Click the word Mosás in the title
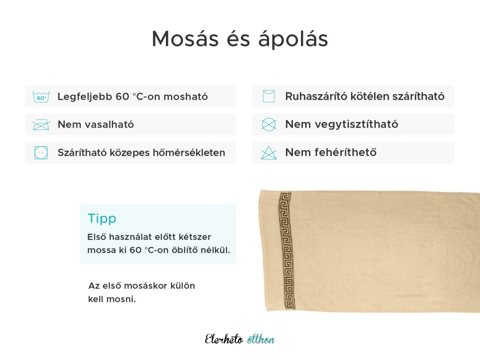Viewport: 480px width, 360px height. [x=185, y=39]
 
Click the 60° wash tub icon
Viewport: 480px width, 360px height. [x=41, y=97]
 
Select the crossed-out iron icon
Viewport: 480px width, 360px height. [x=41, y=125]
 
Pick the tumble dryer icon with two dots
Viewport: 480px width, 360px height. [x=41, y=152]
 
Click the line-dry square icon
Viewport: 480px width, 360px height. [x=269, y=96]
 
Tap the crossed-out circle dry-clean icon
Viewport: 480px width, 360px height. [x=269, y=124]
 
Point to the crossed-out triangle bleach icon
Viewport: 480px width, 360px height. [x=269, y=153]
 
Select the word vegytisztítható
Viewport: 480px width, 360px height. [x=341, y=124]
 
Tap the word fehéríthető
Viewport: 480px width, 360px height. [x=345, y=152]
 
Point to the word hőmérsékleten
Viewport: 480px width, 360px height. [x=189, y=152]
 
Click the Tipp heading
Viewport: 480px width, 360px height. [x=102, y=219]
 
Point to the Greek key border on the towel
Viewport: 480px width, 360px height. [x=286, y=250]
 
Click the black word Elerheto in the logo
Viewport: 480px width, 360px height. [x=224, y=339]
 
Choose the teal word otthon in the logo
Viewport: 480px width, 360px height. [x=261, y=339]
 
